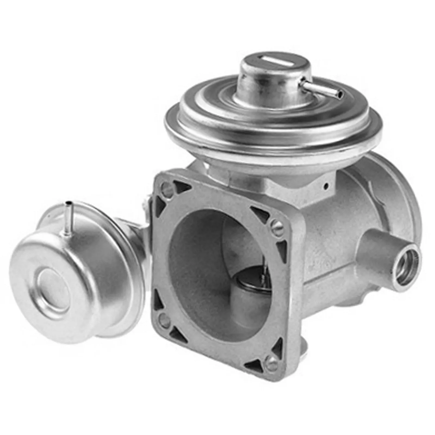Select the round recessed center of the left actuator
point(53,283)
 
